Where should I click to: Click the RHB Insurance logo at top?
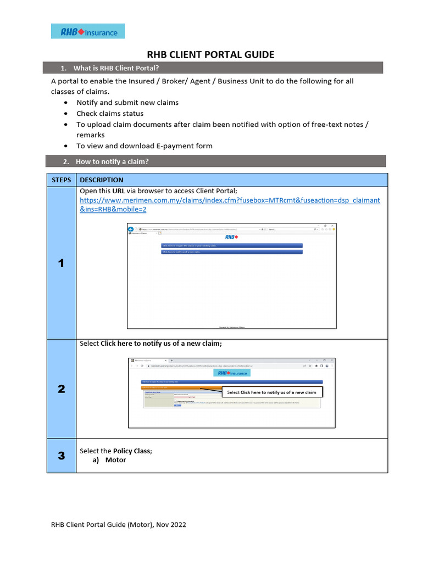88,31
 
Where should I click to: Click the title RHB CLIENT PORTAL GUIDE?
211,54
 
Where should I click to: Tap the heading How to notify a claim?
112,161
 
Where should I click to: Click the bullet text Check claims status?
110,114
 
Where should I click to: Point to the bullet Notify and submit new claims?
127,103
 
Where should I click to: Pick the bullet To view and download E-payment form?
144,146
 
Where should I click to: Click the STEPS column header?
62,180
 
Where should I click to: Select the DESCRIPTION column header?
102,180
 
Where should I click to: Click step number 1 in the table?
62,263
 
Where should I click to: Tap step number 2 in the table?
62,389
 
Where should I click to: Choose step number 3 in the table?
62,456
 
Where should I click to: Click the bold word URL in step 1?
119,191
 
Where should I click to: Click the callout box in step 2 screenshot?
271,392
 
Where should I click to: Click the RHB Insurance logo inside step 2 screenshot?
231,373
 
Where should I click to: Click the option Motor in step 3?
115,460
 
